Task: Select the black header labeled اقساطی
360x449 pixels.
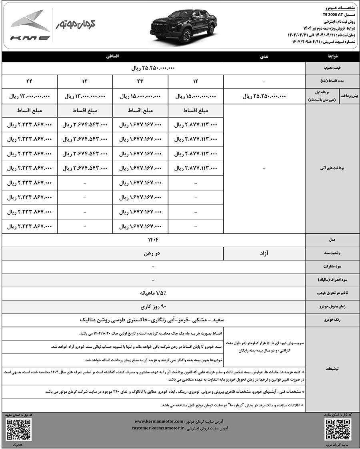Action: coord(112,57)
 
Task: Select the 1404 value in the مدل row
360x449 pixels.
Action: coord(153,240)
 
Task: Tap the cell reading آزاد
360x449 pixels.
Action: coord(264,253)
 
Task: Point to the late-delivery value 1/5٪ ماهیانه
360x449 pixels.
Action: coord(153,293)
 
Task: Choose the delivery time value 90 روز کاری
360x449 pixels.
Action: coord(153,307)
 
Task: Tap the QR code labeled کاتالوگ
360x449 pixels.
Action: coord(18,430)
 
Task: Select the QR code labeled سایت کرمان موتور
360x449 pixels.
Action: coord(338,430)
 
